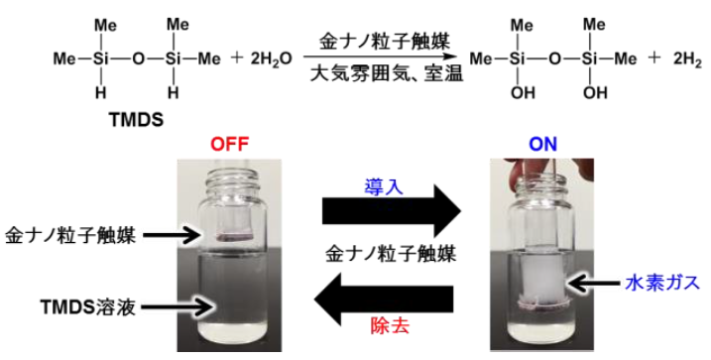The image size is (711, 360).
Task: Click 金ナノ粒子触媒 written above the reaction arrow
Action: pyautogui.click(x=385, y=43)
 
